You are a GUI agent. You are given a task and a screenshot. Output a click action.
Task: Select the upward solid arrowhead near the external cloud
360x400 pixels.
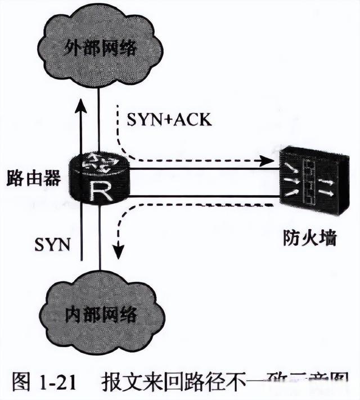coord(82,109)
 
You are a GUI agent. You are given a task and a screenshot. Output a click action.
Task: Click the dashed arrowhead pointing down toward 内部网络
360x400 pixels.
coord(118,251)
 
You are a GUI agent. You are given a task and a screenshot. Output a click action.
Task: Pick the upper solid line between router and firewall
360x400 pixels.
coord(202,168)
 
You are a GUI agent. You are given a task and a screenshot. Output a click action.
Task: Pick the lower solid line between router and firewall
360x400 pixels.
coord(202,196)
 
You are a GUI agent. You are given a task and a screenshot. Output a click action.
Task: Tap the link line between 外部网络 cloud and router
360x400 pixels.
coord(99,118)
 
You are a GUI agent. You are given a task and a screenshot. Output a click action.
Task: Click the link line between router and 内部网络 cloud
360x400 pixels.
coord(100,242)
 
